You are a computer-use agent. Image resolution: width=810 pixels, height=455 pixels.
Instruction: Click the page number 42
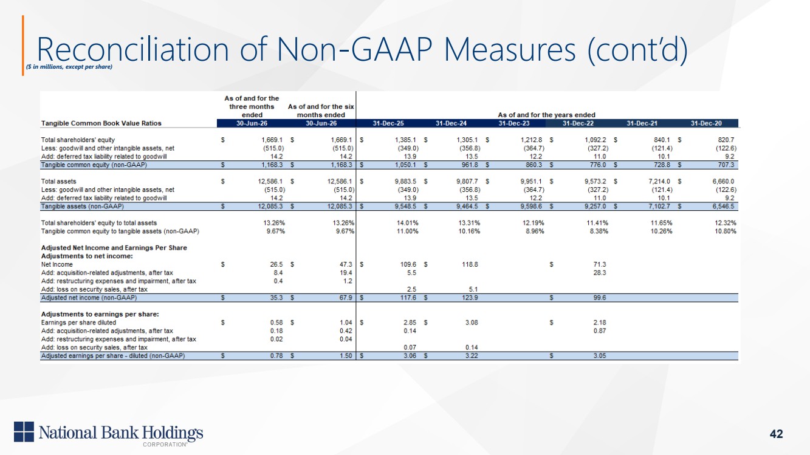pyautogui.click(x=776, y=434)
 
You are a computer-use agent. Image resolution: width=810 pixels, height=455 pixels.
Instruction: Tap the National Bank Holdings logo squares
pyautogui.click(x=24, y=431)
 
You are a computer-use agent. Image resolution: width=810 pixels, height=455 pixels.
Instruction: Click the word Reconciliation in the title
pyautogui.click(x=133, y=49)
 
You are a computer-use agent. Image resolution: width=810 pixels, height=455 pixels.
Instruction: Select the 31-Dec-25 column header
pyautogui.click(x=388, y=123)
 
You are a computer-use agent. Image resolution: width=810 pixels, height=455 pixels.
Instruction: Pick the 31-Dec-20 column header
pyautogui.click(x=706, y=123)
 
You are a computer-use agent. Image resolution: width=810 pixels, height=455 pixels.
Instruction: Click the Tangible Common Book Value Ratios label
pyautogui.click(x=101, y=123)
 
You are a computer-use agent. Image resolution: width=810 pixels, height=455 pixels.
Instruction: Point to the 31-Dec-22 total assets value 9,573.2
pyautogui.click(x=595, y=182)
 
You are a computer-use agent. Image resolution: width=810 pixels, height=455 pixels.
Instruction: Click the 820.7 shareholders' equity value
pyautogui.click(x=726, y=140)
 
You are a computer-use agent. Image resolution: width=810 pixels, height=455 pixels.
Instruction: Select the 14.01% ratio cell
pyautogui.click(x=408, y=223)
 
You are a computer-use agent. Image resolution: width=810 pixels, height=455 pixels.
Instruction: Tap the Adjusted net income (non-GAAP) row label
pyautogui.click(x=89, y=298)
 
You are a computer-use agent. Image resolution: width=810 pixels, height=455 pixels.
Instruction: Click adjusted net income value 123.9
pyautogui.click(x=470, y=298)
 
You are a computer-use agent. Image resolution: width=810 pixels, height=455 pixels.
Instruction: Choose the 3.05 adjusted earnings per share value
pyautogui.click(x=600, y=356)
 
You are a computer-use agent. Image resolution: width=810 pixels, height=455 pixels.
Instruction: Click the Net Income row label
pyautogui.click(x=57, y=264)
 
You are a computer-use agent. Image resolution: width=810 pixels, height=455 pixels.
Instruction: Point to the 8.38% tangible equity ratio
pyautogui.click(x=599, y=231)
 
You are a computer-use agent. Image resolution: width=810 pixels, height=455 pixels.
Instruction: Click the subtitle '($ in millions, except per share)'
pyautogui.click(x=69, y=67)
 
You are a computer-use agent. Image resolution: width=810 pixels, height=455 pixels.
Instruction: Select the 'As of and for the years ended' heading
pyautogui.click(x=546, y=115)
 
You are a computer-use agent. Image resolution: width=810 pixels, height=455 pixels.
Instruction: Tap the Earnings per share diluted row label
pyautogui.click(x=78, y=323)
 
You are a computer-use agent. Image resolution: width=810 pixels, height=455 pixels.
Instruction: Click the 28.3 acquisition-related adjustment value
pyautogui.click(x=600, y=273)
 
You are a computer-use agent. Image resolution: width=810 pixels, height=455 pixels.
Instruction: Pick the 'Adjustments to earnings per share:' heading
pyautogui.click(x=100, y=315)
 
